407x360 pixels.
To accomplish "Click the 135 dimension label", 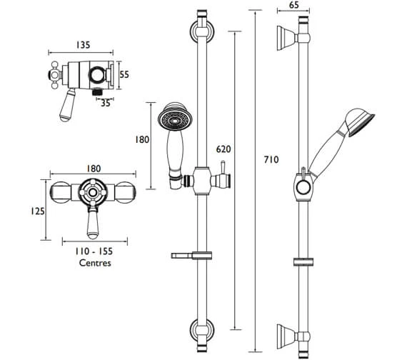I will point(81,45).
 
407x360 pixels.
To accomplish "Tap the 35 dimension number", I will point(106,102).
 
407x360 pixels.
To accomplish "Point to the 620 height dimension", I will point(223,149).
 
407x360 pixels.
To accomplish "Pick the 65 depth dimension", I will point(294,6).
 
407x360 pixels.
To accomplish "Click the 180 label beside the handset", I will point(142,140).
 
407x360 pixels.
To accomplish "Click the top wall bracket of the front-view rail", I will point(201,31).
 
